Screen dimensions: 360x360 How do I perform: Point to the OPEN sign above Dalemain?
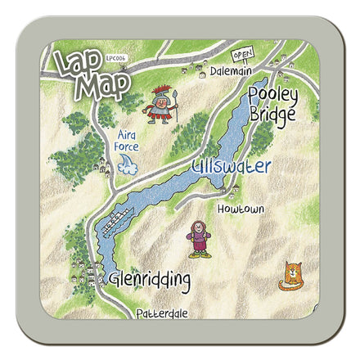241,55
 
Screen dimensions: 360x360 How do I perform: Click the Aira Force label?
127,141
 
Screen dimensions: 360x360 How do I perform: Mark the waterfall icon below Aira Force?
127,166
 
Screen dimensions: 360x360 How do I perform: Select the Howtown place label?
241,209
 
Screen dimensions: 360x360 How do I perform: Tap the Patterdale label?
163,313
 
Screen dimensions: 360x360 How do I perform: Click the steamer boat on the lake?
116,218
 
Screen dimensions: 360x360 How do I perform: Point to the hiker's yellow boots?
197,254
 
